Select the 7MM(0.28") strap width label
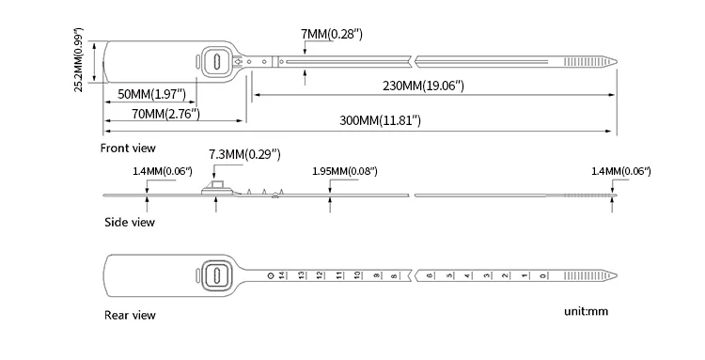coord(332,34)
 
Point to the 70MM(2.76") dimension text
coord(144,115)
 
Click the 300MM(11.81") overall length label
coord(379,120)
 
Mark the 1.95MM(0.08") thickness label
coord(344,171)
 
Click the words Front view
coord(128,148)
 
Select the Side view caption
coord(128,223)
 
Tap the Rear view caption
coord(128,315)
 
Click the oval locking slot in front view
coord(216,61)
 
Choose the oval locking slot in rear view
coord(216,275)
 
